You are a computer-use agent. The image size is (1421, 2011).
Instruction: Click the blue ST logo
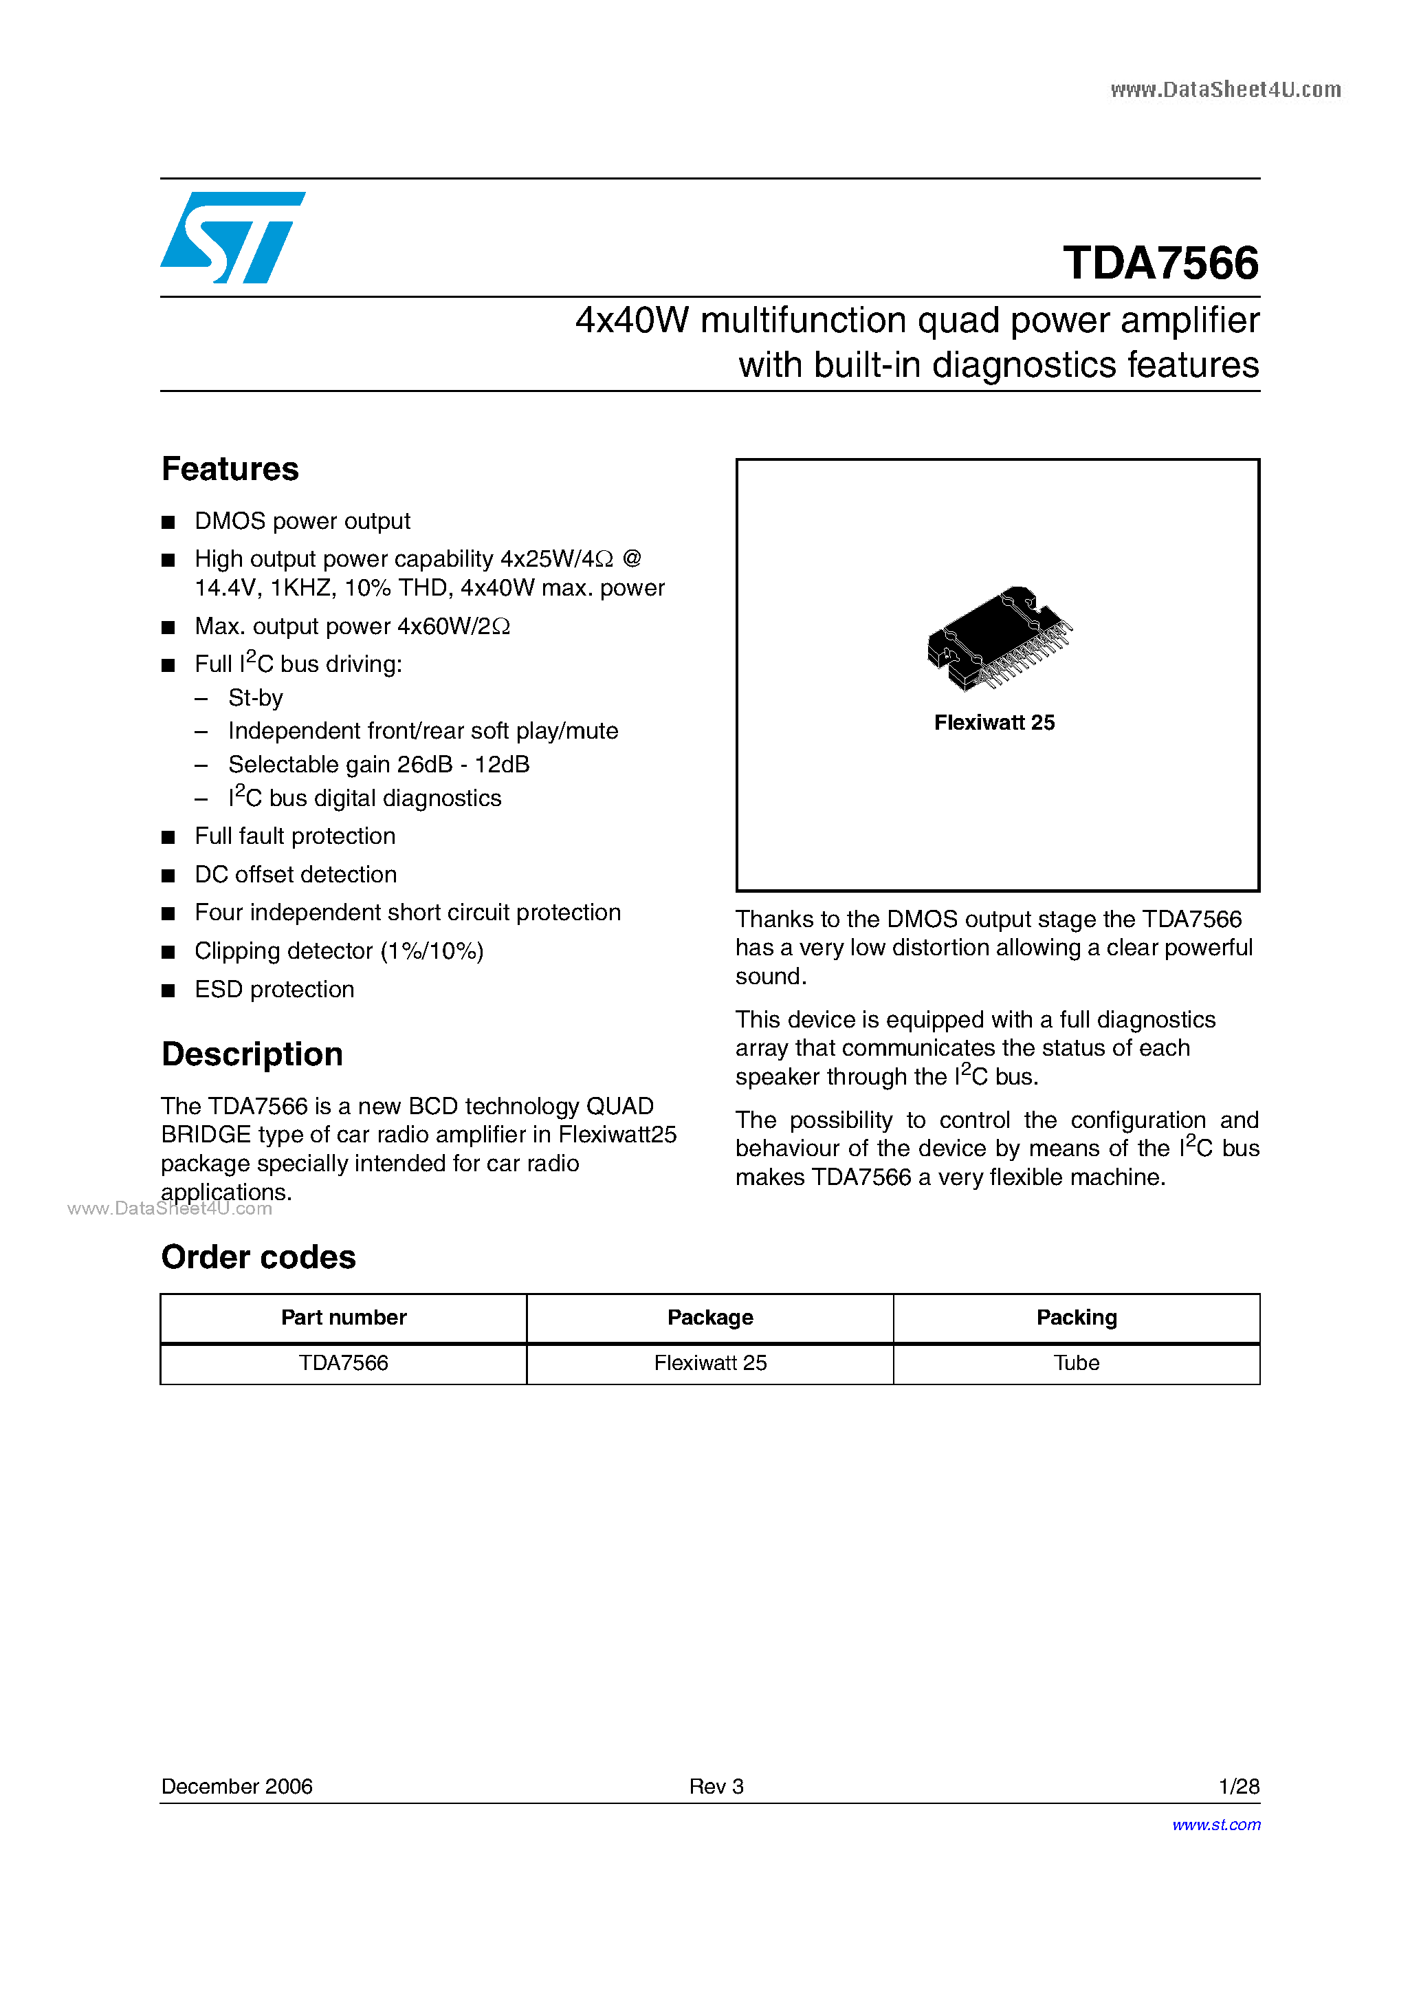pos(232,237)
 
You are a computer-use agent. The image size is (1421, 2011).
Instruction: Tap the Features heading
pos(230,470)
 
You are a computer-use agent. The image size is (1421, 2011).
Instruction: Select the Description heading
pos(252,1054)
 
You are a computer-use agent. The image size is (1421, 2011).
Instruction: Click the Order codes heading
pos(258,1258)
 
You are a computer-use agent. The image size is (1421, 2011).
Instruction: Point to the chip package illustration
pos(999,638)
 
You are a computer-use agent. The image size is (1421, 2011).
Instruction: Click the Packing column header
pos(1076,1317)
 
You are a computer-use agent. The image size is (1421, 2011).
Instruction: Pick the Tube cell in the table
pos(1076,1363)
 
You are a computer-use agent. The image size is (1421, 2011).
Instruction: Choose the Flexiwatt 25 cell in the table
pos(710,1363)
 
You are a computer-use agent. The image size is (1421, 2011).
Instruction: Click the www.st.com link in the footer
pos(1216,1825)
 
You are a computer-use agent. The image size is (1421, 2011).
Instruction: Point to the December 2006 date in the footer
pos(236,1786)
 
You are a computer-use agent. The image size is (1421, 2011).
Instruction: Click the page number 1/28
pos(1238,1786)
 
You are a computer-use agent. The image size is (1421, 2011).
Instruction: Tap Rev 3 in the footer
pos(716,1786)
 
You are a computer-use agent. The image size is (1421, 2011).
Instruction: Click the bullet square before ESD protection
pos(168,990)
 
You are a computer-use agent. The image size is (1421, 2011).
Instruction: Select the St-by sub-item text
pos(256,698)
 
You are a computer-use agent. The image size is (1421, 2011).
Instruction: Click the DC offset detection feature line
pos(295,874)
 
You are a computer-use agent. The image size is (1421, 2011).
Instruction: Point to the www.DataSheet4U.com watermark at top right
pos(1225,89)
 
